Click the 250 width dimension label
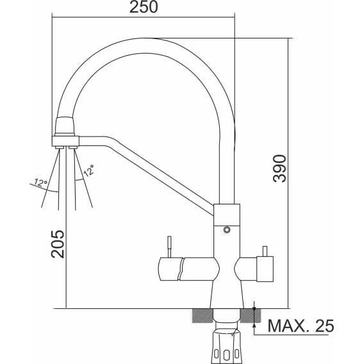pos(144,7)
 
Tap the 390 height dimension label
pos(280,169)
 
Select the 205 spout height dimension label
pos(57,244)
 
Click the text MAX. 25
pos(301,326)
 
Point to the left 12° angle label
pos(40,183)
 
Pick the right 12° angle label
pos(88,170)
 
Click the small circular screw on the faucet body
pos(227,230)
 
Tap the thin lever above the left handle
pos(170,247)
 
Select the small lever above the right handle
pos(265,251)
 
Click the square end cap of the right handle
pos(265,269)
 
